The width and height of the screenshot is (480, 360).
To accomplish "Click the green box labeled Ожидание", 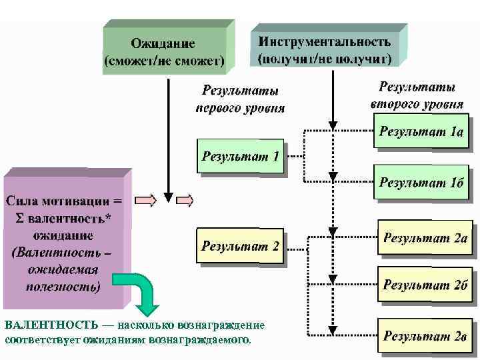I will [163, 53].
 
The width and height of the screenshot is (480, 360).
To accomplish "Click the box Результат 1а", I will [421, 131].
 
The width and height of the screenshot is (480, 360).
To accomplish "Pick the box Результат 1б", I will [421, 183].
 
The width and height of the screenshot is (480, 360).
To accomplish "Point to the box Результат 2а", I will [425, 238].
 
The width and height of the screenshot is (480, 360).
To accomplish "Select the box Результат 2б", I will [425, 285].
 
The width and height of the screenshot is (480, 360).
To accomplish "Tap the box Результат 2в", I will [424, 335].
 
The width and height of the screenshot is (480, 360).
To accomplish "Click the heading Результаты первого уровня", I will [240, 98].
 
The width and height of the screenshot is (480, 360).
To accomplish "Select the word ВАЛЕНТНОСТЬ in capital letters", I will [47, 325].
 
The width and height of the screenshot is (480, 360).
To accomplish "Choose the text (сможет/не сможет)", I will [164, 61].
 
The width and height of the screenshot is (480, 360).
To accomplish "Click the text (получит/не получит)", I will [325, 58].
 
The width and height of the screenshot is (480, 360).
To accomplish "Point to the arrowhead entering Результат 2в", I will [332, 329].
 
